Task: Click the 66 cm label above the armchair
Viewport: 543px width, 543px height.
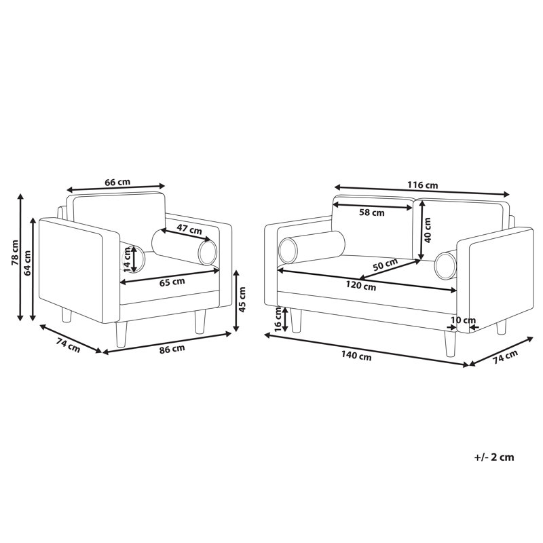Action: [117, 182]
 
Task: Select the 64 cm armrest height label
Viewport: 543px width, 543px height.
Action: [27, 263]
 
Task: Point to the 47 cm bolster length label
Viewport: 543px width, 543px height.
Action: [189, 229]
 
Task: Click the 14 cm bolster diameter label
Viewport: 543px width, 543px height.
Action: [128, 259]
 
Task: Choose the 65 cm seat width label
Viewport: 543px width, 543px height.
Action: [172, 282]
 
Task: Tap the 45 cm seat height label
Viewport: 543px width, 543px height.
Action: [242, 299]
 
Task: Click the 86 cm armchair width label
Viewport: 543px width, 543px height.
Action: [172, 349]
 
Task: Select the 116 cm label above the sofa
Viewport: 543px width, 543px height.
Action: [422, 185]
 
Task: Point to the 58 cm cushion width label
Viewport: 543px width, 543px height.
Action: [372, 212]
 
